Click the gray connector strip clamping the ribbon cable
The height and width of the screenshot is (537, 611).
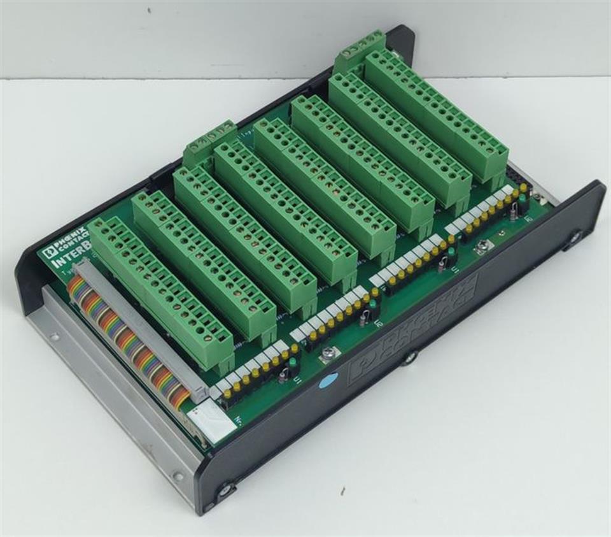[x=143, y=326]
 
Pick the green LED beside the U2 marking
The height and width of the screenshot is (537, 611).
[x=370, y=304]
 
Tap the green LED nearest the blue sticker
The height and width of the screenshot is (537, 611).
[x=292, y=362]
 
